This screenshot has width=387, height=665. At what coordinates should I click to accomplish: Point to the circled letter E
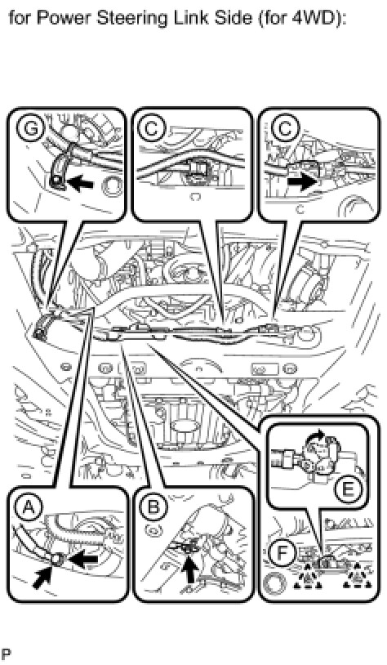[347, 490]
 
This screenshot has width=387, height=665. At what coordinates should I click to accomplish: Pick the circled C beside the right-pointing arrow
[284, 128]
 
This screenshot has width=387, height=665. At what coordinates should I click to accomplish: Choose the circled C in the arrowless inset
[152, 128]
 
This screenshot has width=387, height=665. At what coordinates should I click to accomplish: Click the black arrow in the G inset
[81, 183]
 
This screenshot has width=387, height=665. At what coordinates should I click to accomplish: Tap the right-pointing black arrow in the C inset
[301, 182]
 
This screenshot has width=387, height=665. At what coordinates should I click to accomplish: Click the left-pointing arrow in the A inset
[83, 560]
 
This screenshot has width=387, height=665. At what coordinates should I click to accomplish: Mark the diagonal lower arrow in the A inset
[44, 577]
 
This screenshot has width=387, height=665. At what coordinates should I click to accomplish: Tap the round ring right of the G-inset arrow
[111, 187]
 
